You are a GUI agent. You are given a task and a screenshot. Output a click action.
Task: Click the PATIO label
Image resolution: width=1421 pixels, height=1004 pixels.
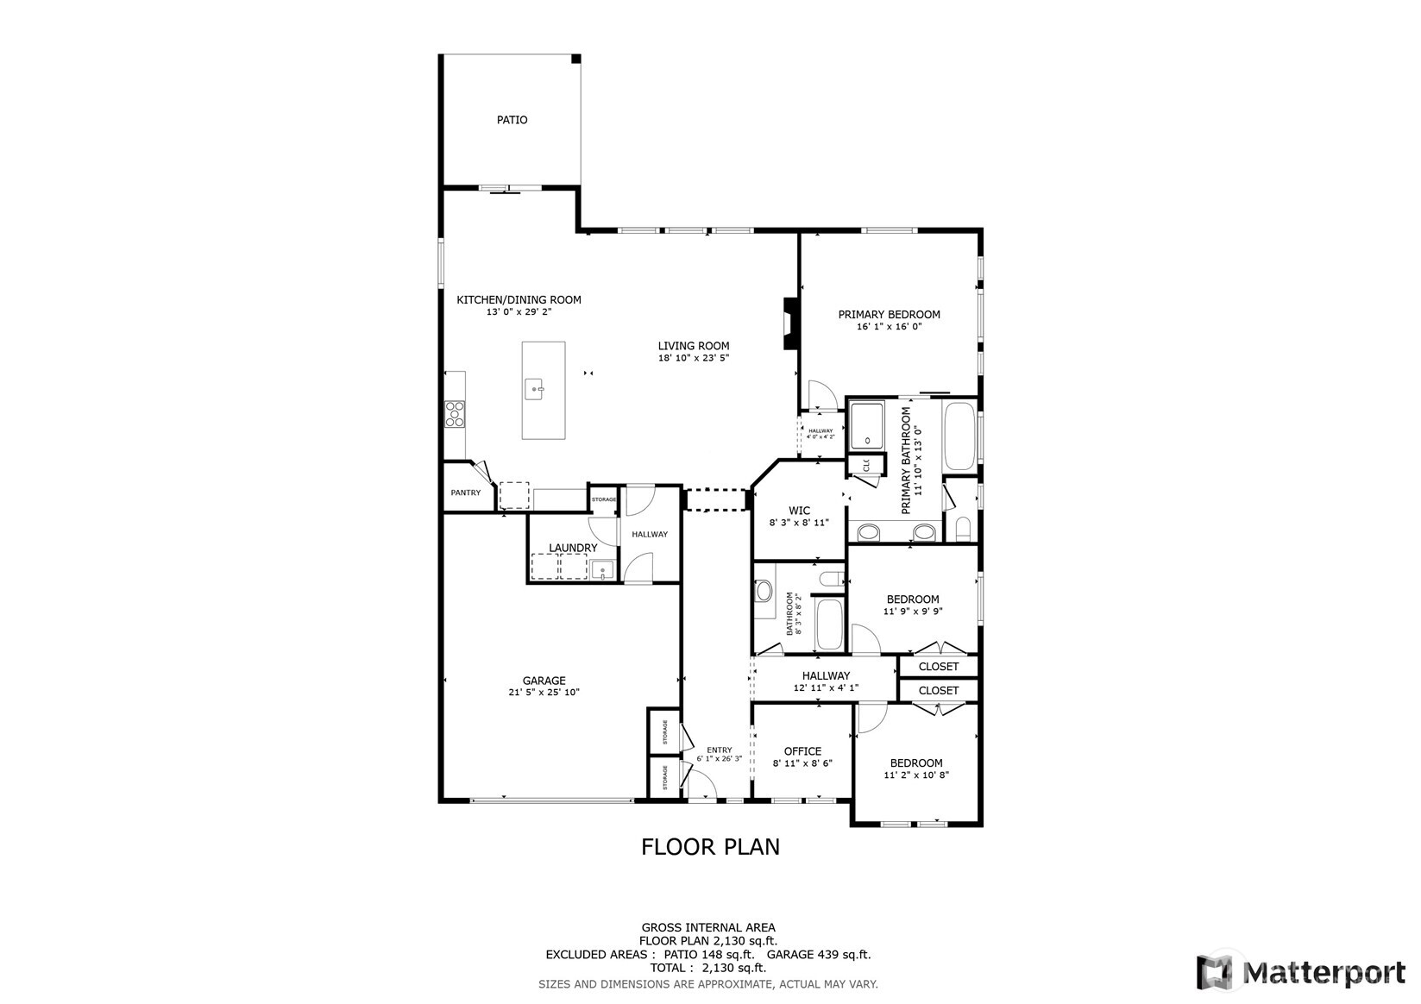512,120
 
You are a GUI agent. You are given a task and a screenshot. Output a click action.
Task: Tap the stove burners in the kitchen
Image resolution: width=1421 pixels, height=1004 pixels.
455,414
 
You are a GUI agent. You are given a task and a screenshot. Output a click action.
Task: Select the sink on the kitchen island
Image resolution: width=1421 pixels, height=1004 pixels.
536,390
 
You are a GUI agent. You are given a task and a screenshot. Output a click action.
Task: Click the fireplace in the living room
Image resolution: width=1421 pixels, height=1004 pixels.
789,323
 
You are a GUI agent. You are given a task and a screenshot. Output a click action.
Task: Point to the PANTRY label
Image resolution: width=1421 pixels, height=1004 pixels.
466,493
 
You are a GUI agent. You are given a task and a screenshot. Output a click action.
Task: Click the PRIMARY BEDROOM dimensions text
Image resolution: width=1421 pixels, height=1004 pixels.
889,327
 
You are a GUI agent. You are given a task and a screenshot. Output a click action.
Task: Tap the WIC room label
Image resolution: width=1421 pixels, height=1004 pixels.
799,511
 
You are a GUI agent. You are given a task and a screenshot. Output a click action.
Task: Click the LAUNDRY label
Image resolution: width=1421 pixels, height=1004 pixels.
573,548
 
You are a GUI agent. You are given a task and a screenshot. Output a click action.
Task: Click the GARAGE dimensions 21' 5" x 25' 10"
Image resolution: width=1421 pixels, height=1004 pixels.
544,692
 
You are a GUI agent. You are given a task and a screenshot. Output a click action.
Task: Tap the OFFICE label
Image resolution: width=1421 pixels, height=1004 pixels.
802,751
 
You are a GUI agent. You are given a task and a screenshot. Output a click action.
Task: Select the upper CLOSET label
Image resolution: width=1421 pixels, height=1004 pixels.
939,667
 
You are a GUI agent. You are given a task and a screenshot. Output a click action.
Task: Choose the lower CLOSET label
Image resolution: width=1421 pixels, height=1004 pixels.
939,691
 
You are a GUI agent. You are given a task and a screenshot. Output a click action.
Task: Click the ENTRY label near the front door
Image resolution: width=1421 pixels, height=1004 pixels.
720,750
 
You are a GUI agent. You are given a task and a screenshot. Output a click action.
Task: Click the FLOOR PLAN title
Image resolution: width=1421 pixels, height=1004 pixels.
710,847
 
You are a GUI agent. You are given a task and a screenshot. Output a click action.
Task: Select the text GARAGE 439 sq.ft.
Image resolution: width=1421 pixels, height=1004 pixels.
819,955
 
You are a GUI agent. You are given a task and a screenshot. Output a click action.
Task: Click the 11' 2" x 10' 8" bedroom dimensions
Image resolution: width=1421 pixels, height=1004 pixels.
916,775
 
